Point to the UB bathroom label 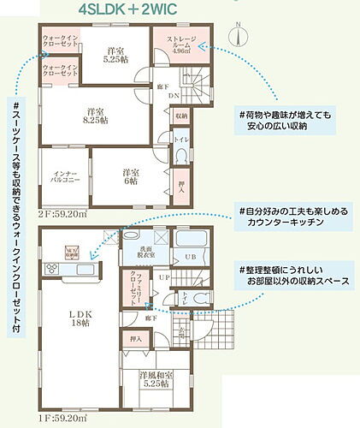192,258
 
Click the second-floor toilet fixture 181,158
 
